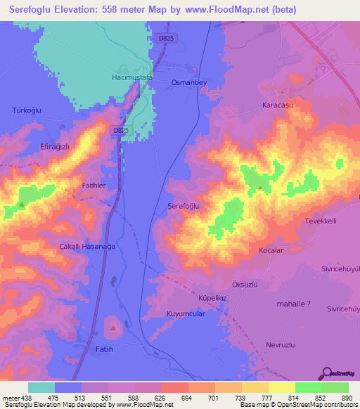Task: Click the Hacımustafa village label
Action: point(133,77)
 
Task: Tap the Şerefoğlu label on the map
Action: point(184,206)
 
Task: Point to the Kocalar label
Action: point(271,250)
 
